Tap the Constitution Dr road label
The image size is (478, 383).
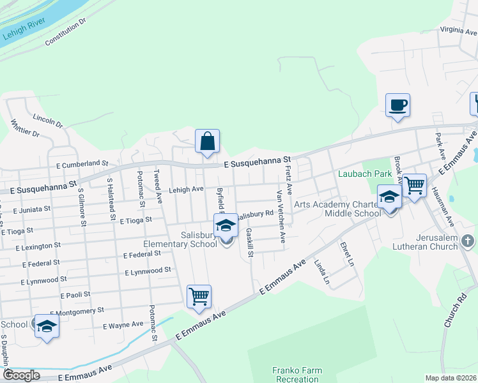pos(65,33)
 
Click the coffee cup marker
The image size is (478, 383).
pos(397,105)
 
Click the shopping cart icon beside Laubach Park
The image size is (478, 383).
pos(415,186)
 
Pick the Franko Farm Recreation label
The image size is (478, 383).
pos(297,375)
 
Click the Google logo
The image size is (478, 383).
pos(20,375)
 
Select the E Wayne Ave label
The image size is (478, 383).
pos(123,325)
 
